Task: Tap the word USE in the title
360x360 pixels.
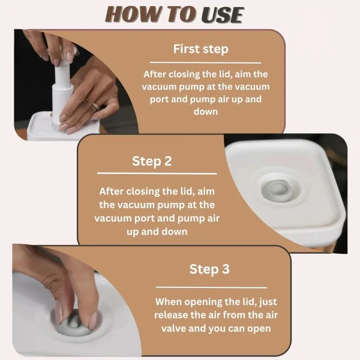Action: pos(222,15)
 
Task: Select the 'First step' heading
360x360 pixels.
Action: pos(200,49)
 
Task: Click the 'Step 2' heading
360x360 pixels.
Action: pos(152,161)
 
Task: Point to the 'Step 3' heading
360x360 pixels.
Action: pos(209,269)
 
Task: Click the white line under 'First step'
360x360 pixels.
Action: pos(205,62)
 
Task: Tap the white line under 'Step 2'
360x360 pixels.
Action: pos(157,173)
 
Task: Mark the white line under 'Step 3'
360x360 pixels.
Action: pos(211,287)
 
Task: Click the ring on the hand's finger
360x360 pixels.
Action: pos(97,107)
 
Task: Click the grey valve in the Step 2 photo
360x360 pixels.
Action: pos(278,190)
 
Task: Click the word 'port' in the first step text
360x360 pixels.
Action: pos(159,100)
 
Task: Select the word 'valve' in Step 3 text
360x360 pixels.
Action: pos(173,328)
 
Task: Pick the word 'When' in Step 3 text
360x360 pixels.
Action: pos(168,302)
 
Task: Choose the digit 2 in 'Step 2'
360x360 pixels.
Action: pos(168,161)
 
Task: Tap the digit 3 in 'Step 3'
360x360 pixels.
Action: pos(226,269)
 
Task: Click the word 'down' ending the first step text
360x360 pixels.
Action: pos(205,112)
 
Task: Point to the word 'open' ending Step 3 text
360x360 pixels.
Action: pos(259,329)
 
